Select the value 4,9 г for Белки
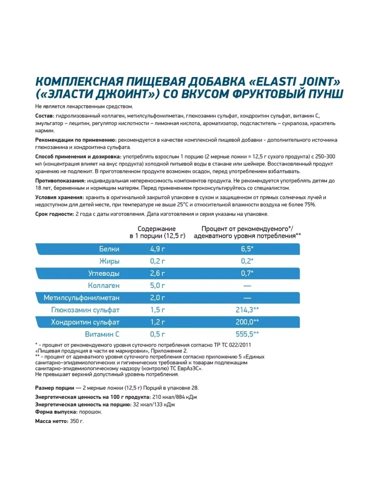point(157,248)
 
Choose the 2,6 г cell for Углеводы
point(157,273)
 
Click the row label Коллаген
point(102,285)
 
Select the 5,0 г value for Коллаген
point(157,285)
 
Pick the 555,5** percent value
point(247,334)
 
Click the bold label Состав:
point(46,115)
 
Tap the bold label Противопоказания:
point(59,179)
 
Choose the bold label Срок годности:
point(54,213)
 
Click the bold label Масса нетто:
point(53,421)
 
